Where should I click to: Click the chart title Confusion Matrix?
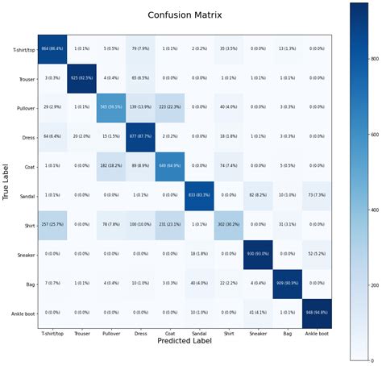[x=184, y=15]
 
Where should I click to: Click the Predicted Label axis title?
[x=184, y=341]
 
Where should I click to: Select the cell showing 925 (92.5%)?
[x=81, y=79]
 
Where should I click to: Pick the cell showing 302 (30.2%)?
[x=230, y=224]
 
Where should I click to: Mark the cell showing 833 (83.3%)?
[x=200, y=195]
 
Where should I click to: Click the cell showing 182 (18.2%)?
[x=110, y=166]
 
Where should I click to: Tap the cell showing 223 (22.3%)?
[x=170, y=108]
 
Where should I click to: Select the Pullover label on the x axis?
[x=110, y=332]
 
